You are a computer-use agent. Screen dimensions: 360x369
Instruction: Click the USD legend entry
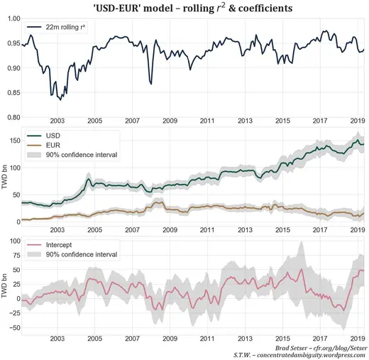tap(53, 135)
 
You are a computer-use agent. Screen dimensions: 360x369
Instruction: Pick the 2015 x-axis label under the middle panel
tap(282, 230)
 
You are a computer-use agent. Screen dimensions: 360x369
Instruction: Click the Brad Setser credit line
tap(320, 347)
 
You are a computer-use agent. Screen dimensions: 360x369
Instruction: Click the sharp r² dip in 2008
tap(151, 84)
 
